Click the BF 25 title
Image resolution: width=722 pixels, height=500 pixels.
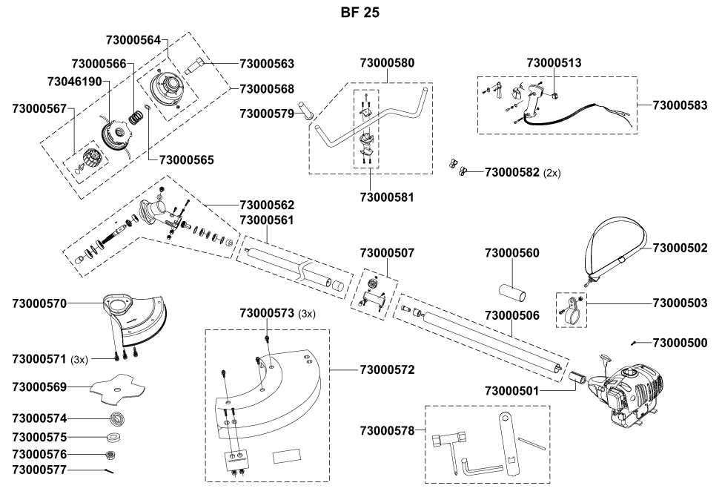[360, 13]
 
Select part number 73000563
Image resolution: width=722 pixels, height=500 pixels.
[267, 64]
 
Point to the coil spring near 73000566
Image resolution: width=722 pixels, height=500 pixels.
[136, 117]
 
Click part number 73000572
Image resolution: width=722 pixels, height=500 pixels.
[387, 369]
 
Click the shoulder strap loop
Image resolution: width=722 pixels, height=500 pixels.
[617, 249]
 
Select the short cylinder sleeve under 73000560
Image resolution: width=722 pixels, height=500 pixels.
[512, 293]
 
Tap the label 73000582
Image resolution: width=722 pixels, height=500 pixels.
[511, 172]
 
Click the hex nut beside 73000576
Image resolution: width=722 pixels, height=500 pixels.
[110, 455]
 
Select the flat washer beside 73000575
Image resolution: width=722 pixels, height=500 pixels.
[113, 436]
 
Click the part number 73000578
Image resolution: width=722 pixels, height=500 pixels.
[387, 431]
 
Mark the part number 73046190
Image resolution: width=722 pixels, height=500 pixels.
[75, 82]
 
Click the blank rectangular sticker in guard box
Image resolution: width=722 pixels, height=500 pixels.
[286, 457]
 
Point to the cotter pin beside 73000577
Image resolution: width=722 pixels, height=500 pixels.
[109, 470]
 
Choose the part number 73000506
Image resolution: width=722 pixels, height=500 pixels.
[511, 316]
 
